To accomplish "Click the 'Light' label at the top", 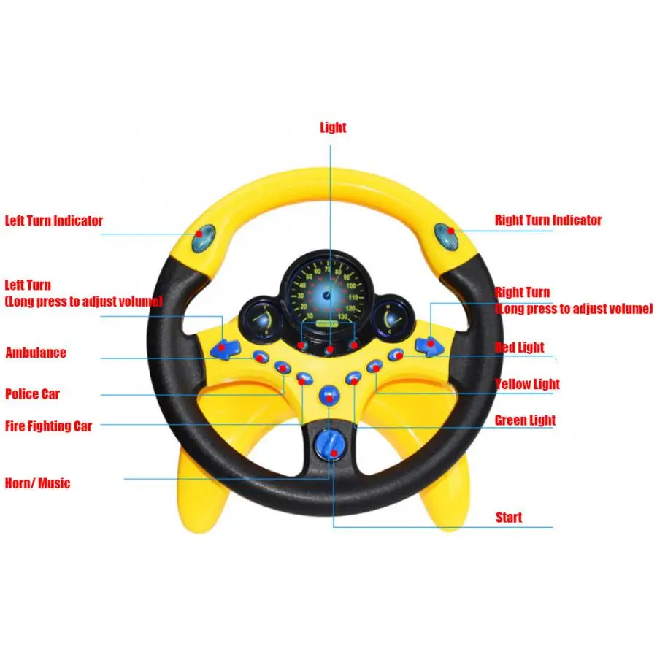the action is (333, 128).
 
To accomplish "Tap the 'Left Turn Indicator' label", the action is (54, 220).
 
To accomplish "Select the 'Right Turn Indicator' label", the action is (548, 220).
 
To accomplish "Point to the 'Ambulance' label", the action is (36, 353).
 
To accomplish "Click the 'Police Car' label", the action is (33, 394).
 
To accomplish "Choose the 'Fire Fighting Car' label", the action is (49, 426).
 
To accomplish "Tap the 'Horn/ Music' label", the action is (38, 483).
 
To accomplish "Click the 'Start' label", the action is (509, 518).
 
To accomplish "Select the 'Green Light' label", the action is (525, 420).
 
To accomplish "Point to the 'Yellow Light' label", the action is (527, 384).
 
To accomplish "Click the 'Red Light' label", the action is (519, 347).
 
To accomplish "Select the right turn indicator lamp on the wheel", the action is (446, 236).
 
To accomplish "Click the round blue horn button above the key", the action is (329, 396).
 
